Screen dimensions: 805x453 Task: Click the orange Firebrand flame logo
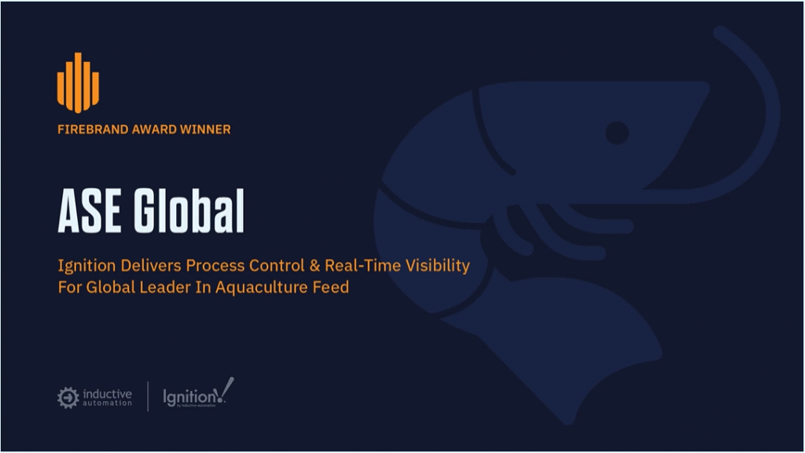click(78, 82)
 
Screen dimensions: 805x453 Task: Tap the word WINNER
click(205, 129)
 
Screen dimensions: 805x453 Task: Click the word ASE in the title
click(90, 210)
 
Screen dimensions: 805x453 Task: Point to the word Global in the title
click(189, 210)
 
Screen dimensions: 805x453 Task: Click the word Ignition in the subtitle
click(86, 266)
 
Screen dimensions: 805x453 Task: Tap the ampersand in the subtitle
click(314, 265)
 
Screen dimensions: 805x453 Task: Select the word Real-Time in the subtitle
click(362, 265)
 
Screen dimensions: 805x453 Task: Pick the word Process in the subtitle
click(215, 265)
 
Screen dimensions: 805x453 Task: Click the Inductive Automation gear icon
click(68, 398)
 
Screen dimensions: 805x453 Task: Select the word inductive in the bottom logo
click(107, 394)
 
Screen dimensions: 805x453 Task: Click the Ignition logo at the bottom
click(198, 393)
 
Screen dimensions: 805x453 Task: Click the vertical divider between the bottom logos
click(148, 396)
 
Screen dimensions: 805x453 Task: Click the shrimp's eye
click(617, 133)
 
